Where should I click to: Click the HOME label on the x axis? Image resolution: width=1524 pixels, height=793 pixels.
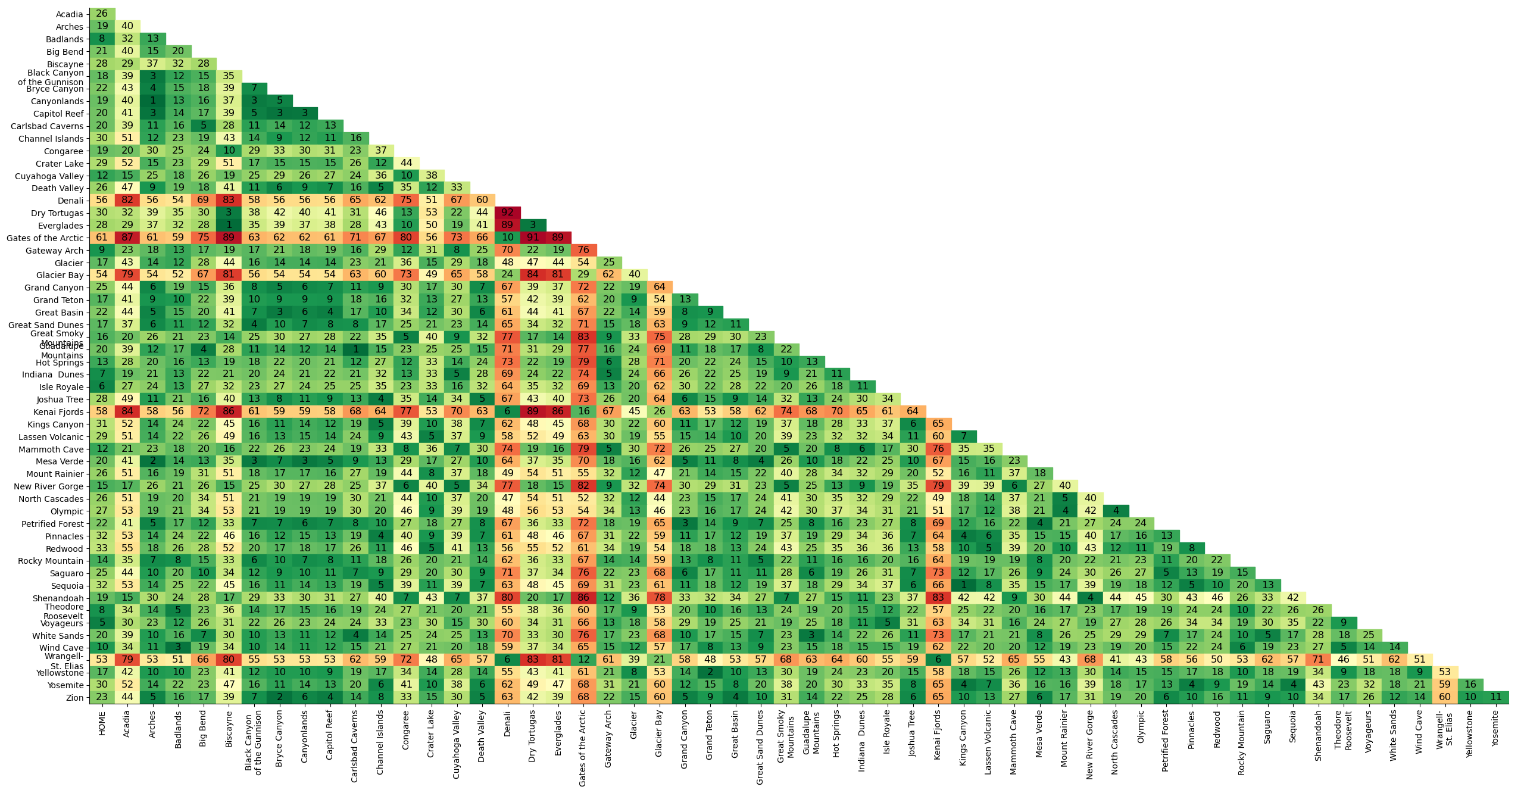(x=102, y=723)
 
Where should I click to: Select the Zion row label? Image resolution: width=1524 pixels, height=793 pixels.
(x=74, y=698)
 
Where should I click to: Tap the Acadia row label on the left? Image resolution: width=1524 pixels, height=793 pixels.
(x=69, y=14)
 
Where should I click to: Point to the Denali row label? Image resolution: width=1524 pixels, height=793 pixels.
(x=70, y=201)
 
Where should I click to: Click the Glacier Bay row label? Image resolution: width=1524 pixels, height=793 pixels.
(x=60, y=275)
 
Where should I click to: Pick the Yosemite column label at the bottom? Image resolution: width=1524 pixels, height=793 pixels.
(x=1495, y=729)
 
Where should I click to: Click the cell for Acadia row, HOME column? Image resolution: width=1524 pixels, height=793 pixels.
(x=102, y=14)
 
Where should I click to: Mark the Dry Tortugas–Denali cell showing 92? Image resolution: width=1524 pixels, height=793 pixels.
(x=507, y=213)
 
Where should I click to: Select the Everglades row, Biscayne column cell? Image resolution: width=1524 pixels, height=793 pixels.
(x=229, y=225)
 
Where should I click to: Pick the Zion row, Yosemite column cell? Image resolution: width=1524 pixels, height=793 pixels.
(x=1495, y=697)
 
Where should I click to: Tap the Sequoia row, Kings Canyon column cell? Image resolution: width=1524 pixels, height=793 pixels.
(x=963, y=585)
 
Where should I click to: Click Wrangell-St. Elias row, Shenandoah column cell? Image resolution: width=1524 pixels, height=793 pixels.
(x=1318, y=660)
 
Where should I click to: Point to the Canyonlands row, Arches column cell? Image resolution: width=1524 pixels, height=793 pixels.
(x=152, y=101)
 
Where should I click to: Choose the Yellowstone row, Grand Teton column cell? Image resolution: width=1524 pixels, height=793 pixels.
(x=710, y=672)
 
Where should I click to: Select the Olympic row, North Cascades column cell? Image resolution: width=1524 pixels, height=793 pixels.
(x=1115, y=511)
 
